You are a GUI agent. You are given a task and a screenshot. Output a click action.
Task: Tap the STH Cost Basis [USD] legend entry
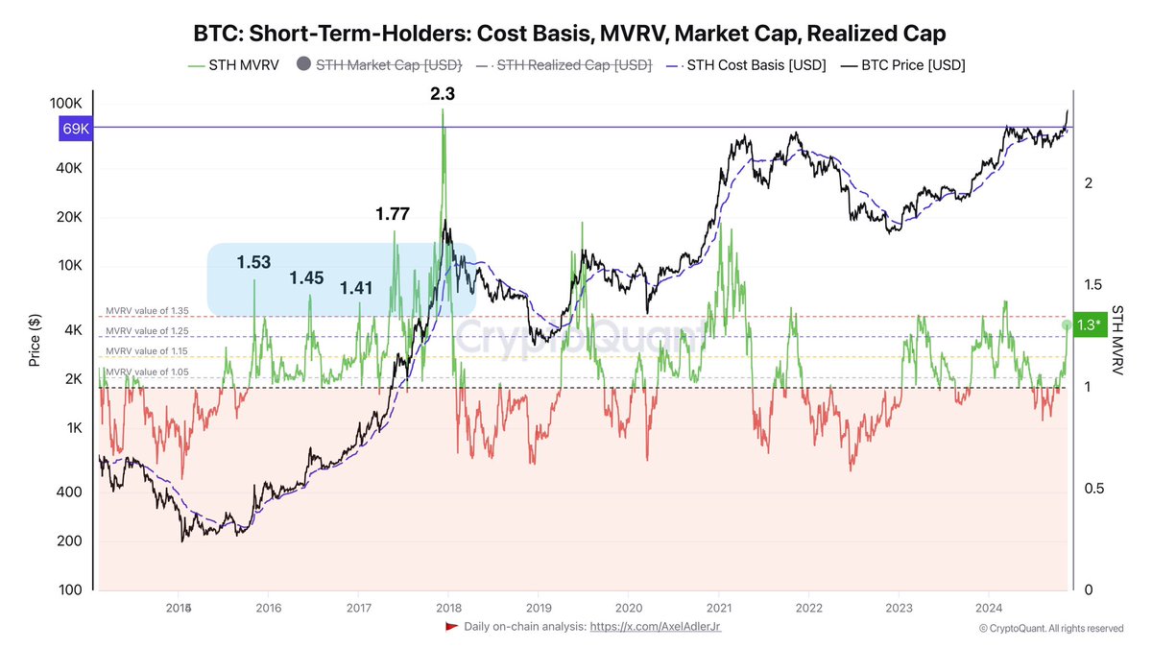coord(749,65)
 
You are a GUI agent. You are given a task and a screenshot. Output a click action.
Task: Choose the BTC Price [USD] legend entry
coord(906,65)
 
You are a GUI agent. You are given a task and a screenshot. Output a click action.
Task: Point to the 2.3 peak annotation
coord(444,94)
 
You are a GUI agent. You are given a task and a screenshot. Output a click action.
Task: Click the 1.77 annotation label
coord(392,214)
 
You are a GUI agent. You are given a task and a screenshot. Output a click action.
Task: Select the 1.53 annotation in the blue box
coord(255,261)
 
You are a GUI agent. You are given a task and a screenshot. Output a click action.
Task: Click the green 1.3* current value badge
coord(1088,324)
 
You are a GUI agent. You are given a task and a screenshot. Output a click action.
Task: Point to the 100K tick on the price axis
coord(67,103)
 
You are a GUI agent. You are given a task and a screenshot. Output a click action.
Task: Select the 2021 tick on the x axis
coord(719,608)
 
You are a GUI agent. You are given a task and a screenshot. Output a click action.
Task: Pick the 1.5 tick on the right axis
coord(1090,284)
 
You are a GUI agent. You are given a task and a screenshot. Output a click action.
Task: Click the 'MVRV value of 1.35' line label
coord(147,311)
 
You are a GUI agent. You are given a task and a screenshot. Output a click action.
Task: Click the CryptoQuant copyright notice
coord(1050,628)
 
